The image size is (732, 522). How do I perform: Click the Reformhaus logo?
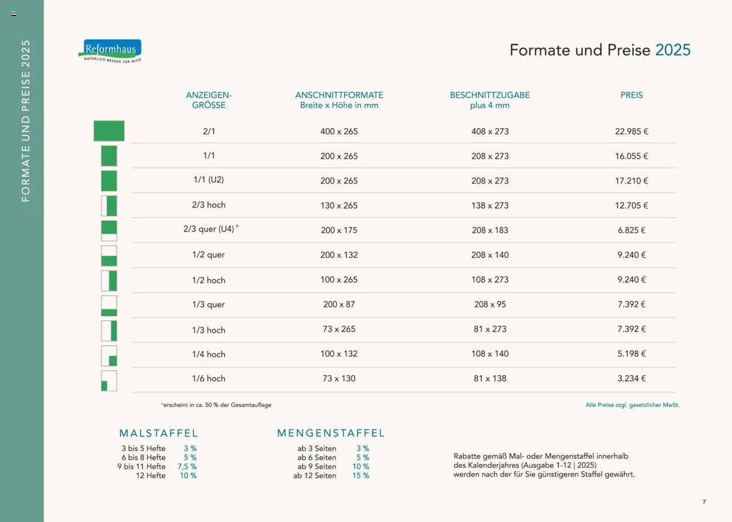pyautogui.click(x=110, y=50)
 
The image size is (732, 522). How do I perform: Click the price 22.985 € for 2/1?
pyautogui.click(x=631, y=132)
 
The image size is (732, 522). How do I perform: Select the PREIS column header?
pyautogui.click(x=631, y=95)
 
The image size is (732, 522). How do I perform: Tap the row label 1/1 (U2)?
pyautogui.click(x=209, y=180)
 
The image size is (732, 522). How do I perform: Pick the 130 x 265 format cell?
pyautogui.click(x=339, y=205)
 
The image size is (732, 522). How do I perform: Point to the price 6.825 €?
pyautogui.click(x=631, y=230)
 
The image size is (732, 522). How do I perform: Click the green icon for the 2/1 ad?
pyautogui.click(x=109, y=131)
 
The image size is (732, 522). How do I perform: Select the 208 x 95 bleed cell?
pyautogui.click(x=490, y=304)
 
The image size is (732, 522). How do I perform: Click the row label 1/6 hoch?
pyautogui.click(x=209, y=378)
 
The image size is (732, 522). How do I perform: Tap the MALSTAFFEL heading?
pyautogui.click(x=158, y=433)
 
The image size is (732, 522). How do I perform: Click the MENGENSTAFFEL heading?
pyautogui.click(x=331, y=433)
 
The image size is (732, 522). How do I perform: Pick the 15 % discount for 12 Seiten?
pyautogui.click(x=361, y=476)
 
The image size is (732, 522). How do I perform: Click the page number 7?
pyautogui.click(x=704, y=502)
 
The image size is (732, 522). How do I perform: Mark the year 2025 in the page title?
pyautogui.click(x=673, y=50)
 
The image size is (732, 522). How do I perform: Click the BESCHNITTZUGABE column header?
pyautogui.click(x=490, y=95)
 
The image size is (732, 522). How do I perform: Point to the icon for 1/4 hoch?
pyautogui.click(x=109, y=356)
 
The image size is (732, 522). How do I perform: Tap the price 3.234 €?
pyautogui.click(x=631, y=378)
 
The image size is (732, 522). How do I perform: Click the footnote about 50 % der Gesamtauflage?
pyautogui.click(x=216, y=405)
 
